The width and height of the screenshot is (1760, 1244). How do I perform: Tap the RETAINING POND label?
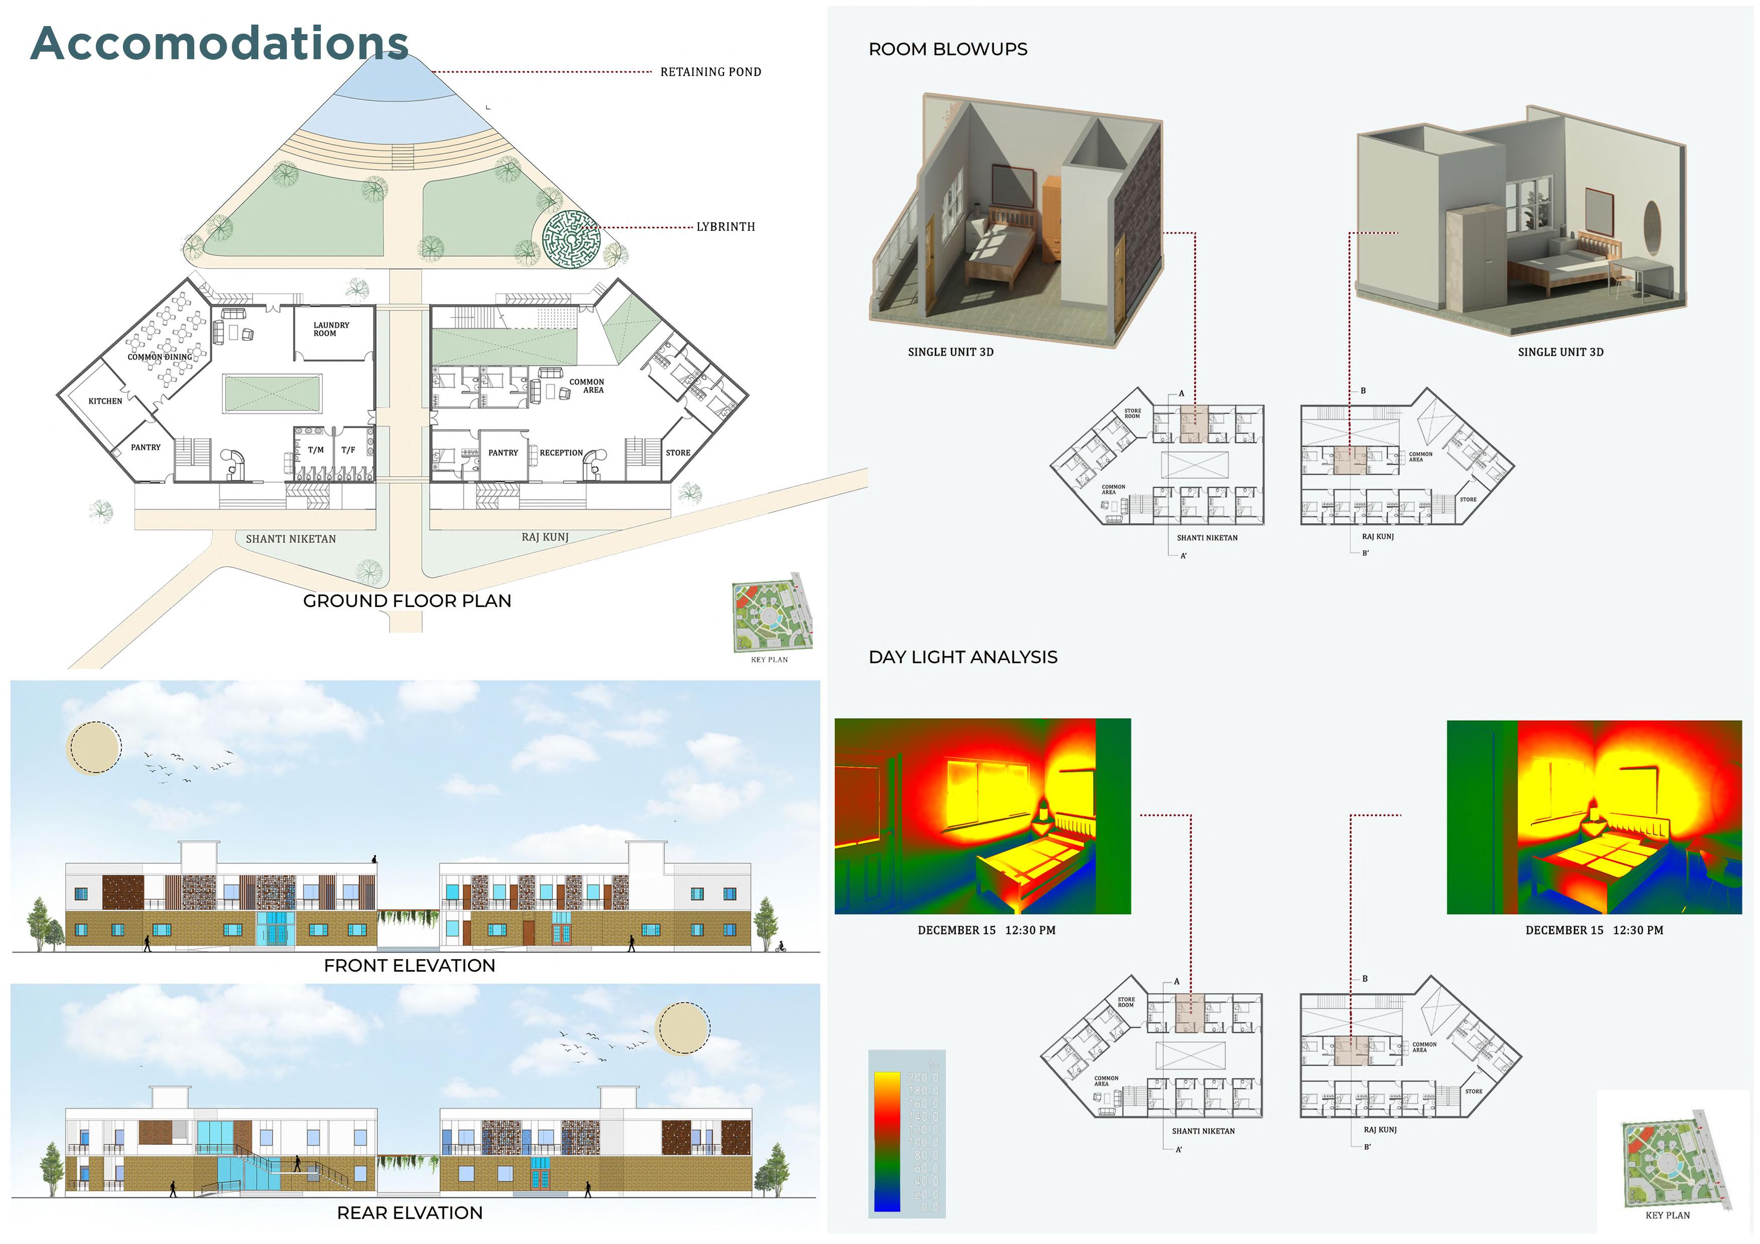[710, 72]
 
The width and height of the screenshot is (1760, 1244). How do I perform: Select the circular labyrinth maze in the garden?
[571, 240]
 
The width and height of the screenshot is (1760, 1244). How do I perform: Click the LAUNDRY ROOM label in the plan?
[331, 330]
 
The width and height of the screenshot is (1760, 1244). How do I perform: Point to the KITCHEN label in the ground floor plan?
[105, 401]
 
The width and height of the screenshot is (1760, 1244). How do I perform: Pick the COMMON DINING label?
[160, 357]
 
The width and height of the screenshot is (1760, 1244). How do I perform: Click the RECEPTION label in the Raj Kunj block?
[561, 453]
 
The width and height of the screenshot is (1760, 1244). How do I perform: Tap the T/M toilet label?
[316, 450]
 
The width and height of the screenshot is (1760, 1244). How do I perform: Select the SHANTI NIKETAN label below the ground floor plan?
[290, 539]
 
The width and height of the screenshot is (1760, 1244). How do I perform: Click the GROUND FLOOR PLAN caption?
[407, 601]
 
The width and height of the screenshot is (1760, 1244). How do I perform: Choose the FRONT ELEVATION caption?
[409, 966]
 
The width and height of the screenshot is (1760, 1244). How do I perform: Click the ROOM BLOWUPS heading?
[947, 49]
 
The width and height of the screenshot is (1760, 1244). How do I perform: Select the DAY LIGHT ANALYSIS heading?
[963, 657]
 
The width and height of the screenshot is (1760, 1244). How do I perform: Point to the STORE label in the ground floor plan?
[678, 453]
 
